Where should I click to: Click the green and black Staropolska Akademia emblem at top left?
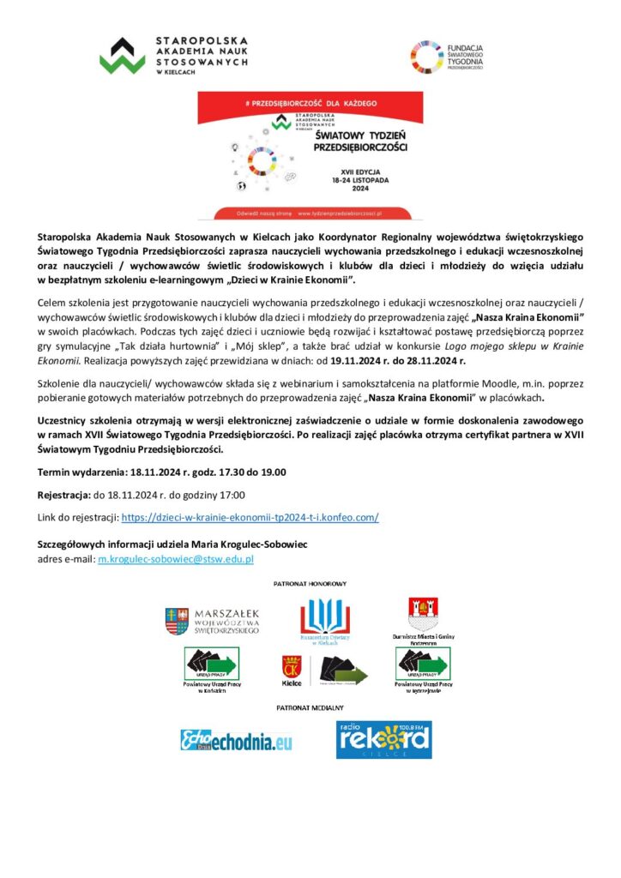(122, 56)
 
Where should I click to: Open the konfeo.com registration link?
(250, 518)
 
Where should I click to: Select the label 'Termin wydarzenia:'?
(82, 472)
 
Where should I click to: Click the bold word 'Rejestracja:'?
(64, 495)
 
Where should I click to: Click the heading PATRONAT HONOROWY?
(310, 583)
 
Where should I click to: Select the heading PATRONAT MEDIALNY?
(310, 708)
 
